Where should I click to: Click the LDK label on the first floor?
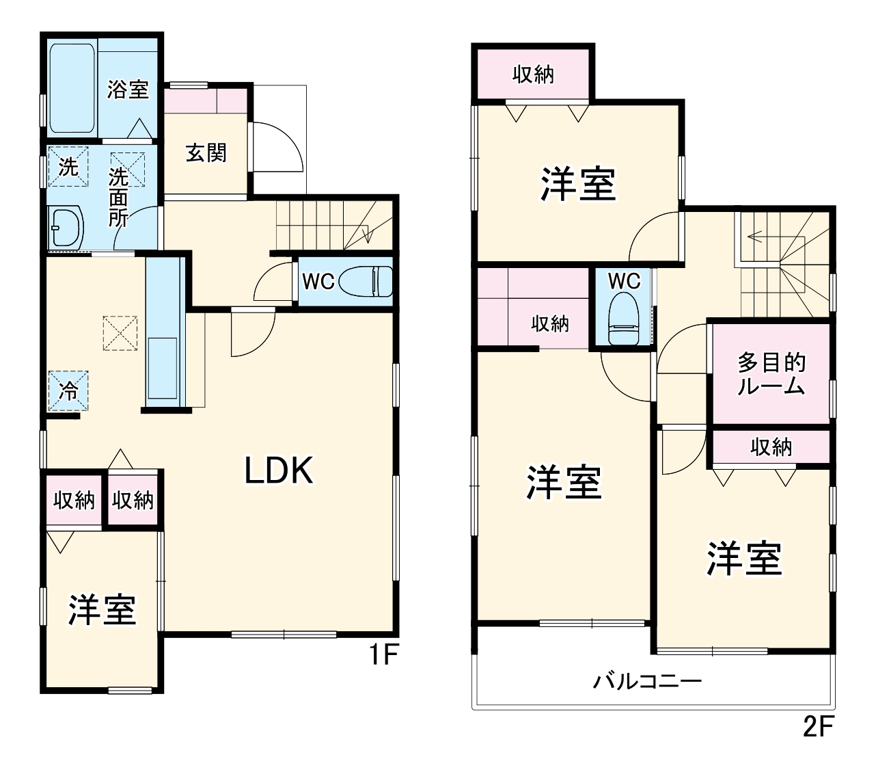click(279, 470)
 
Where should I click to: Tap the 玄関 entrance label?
click(206, 152)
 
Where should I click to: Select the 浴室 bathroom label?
click(128, 89)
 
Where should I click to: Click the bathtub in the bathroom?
click(72, 89)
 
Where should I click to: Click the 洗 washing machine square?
click(68, 167)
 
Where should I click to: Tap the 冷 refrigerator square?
click(68, 391)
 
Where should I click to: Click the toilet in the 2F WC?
click(623, 319)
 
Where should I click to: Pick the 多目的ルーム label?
click(771, 374)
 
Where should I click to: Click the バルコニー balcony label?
click(647, 681)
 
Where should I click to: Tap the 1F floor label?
click(383, 656)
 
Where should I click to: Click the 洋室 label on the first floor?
click(102, 609)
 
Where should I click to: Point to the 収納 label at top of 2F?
click(533, 75)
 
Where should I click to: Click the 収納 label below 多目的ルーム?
click(771, 447)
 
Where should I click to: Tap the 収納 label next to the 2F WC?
click(550, 323)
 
